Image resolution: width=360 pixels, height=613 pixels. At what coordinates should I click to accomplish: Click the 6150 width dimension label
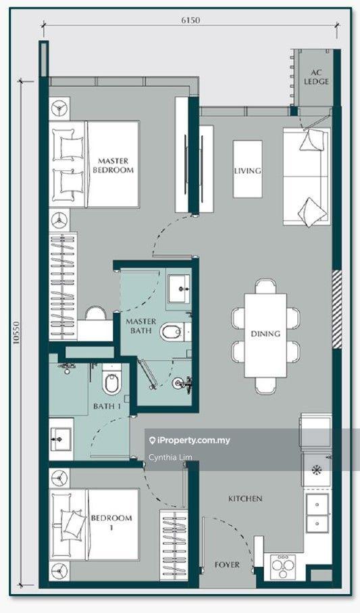pos(190,19)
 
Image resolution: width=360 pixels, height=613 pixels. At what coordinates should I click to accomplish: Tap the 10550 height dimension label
pos(16,333)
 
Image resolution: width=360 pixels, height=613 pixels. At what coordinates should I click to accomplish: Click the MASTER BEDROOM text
pos(113,166)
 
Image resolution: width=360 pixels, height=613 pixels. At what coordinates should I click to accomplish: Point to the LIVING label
pos(247,171)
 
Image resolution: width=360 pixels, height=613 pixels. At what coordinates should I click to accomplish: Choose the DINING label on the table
pos(266,333)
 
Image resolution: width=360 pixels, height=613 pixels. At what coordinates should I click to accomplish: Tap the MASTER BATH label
pos(140,326)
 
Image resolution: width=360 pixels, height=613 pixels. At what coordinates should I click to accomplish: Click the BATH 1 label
pos(107,406)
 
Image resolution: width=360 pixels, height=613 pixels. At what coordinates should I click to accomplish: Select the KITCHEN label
pos(245,499)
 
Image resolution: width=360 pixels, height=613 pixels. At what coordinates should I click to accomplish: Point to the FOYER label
pos(227,564)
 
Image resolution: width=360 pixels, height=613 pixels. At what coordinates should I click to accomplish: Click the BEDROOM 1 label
pos(111,522)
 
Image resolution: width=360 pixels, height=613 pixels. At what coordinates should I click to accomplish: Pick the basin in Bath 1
pos(61,439)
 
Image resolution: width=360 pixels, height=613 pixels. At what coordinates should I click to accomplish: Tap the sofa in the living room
pos(307,176)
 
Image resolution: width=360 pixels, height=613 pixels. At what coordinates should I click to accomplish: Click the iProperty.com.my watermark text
pos(190,441)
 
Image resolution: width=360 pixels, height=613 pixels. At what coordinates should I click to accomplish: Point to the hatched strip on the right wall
pos(336,309)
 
